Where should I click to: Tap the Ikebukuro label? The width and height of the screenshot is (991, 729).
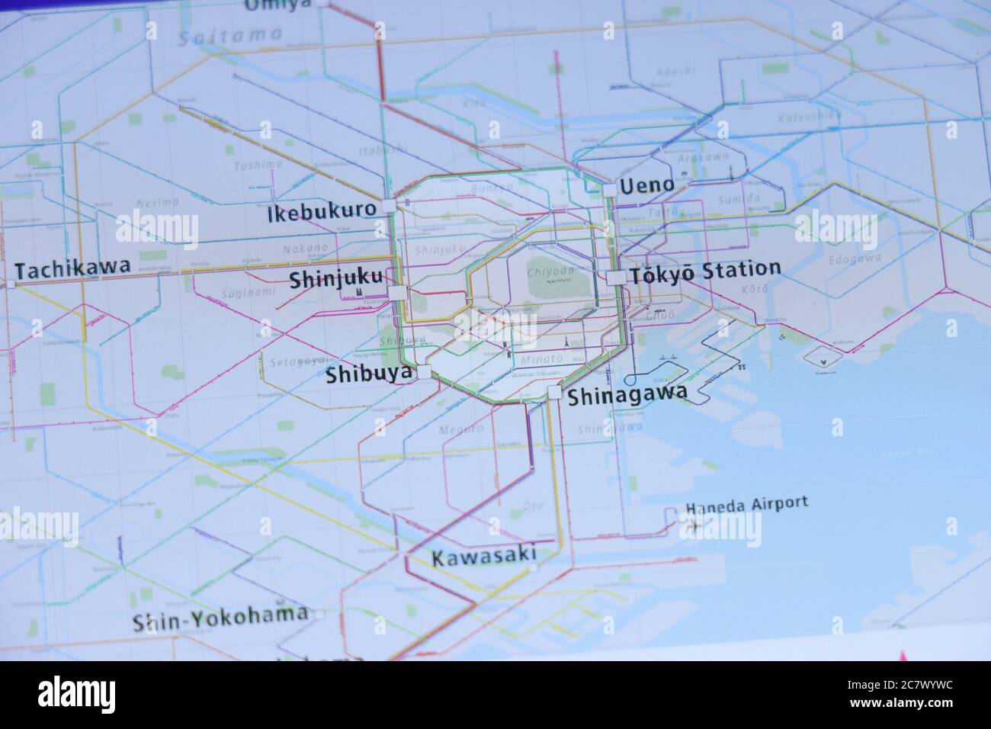tap(322, 211)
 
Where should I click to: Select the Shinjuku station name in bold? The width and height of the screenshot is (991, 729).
tap(335, 280)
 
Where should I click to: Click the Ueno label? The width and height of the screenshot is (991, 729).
tap(646, 185)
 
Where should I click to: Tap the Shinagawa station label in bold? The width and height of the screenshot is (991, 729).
tap(627, 394)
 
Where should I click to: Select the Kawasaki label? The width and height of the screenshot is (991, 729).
tap(484, 556)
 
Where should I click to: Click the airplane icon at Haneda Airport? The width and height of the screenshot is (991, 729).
tap(694, 525)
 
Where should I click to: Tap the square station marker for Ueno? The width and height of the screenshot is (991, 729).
tap(611, 188)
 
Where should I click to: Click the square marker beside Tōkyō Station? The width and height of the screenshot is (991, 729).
tap(615, 278)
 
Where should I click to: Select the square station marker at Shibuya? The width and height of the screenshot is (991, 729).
tap(424, 372)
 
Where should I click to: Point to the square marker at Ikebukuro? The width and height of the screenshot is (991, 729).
tap(390, 206)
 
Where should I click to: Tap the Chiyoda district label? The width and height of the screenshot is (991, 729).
tap(549, 272)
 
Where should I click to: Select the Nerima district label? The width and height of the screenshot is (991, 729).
tap(157, 202)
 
